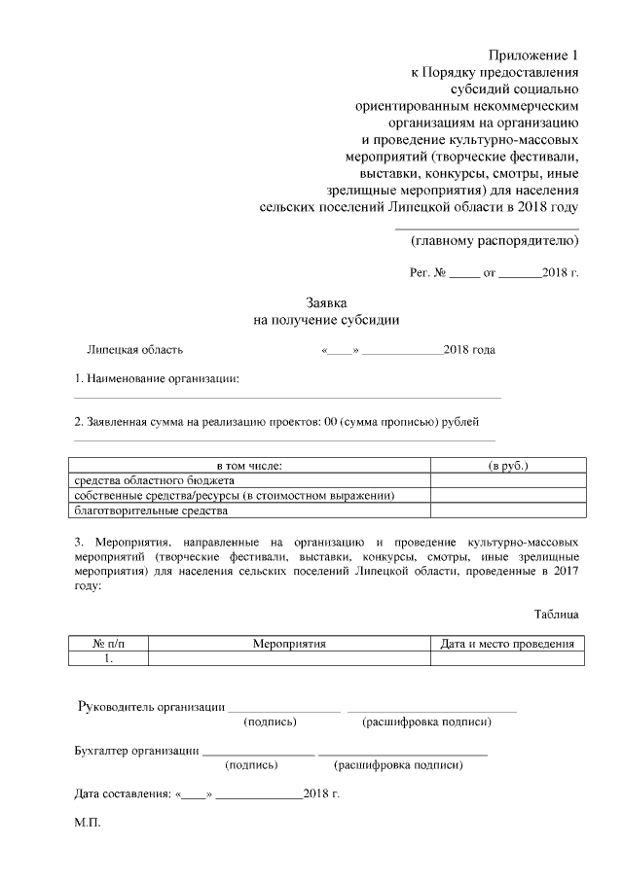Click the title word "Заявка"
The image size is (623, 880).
(x=327, y=303)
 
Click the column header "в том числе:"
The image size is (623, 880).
(x=249, y=467)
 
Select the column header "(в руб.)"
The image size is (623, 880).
(x=507, y=467)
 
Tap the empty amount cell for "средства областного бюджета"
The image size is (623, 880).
(x=507, y=480)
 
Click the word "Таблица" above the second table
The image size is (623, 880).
(x=556, y=614)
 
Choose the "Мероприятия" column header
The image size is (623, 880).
(x=288, y=644)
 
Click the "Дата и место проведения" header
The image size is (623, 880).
(x=507, y=644)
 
